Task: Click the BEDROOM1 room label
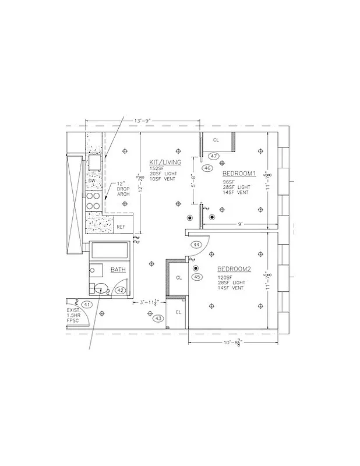pyautogui.click(x=240, y=174)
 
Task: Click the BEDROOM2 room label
pyautogui.click(x=234, y=269)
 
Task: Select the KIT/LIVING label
pyautogui.click(x=165, y=162)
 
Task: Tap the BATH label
pyautogui.click(x=119, y=270)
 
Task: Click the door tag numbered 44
pyautogui.click(x=196, y=245)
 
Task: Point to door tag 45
pyautogui.click(x=197, y=277)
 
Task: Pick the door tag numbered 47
pyautogui.click(x=214, y=156)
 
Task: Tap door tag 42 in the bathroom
pyautogui.click(x=121, y=290)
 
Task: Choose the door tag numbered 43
pyautogui.click(x=158, y=318)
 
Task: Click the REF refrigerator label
pyautogui.click(x=121, y=227)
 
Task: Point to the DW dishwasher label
pyautogui.click(x=92, y=181)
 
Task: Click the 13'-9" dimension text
pyautogui.click(x=143, y=121)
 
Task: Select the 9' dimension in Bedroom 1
pyautogui.click(x=239, y=223)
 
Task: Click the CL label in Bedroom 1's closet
pyautogui.click(x=216, y=140)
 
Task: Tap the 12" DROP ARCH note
pyautogui.click(x=123, y=189)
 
